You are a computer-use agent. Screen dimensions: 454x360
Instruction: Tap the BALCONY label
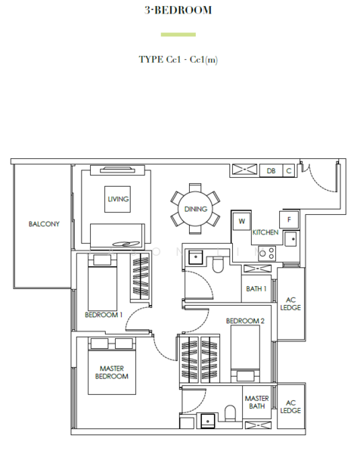(x=44, y=224)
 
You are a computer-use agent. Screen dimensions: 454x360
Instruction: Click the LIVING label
(x=118, y=199)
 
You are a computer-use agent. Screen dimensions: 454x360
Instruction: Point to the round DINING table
(x=196, y=208)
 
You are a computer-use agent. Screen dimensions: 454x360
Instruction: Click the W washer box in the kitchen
(x=242, y=221)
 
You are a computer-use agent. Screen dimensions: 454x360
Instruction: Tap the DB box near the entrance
(x=271, y=171)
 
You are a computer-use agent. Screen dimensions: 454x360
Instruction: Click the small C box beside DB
(x=288, y=171)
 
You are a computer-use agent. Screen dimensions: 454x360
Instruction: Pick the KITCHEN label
(x=265, y=232)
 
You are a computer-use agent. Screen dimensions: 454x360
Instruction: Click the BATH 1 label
(x=256, y=289)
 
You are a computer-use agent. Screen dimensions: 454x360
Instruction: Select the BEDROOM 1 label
(x=104, y=314)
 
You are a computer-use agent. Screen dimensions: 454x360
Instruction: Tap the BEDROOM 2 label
(x=245, y=321)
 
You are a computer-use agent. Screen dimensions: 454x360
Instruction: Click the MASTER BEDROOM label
(x=112, y=372)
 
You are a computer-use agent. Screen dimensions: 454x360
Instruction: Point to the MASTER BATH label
(x=256, y=402)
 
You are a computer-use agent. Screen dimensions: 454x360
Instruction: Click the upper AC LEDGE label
(x=290, y=303)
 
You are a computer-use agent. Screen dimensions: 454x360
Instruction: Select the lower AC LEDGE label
(x=290, y=406)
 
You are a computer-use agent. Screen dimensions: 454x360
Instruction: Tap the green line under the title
(x=178, y=34)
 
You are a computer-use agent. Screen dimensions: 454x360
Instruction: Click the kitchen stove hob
(x=265, y=253)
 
